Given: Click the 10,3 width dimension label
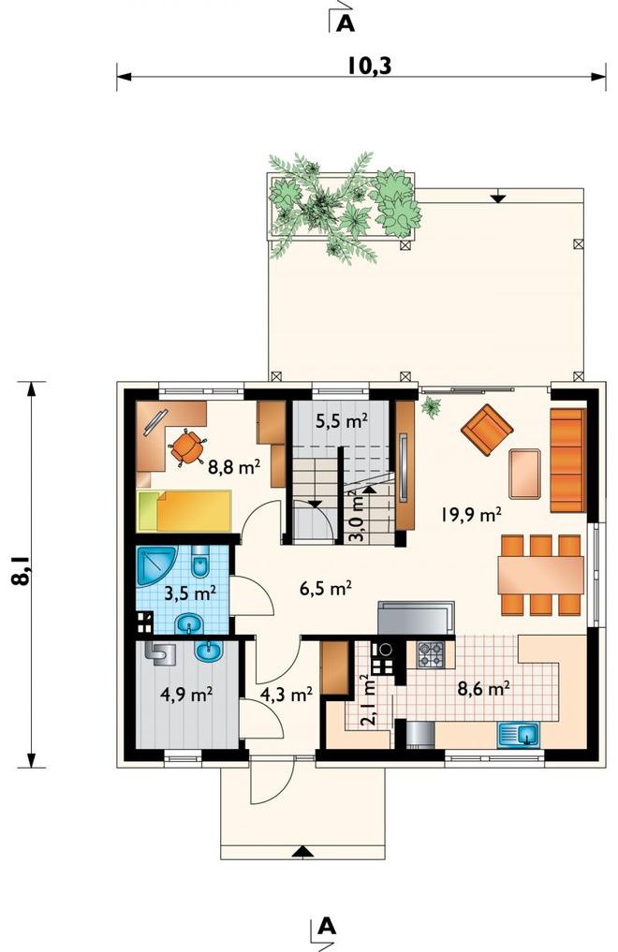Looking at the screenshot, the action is [370, 65].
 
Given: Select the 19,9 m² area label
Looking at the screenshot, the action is [471, 516].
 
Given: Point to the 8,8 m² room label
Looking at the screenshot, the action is [234, 467].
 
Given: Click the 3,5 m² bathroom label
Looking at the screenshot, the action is [191, 592].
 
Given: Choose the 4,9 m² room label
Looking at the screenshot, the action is [185, 694].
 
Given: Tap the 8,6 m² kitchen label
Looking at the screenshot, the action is [482, 689].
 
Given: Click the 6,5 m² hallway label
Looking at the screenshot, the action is [327, 588].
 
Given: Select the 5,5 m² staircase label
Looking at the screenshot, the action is [342, 420].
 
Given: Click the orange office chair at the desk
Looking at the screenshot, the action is [187, 447].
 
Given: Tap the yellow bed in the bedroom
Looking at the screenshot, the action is [185, 511].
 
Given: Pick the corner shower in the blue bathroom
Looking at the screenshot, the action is [155, 565].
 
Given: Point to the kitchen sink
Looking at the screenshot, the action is [520, 735].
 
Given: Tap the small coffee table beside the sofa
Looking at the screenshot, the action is [525, 474].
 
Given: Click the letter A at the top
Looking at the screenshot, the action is [346, 23].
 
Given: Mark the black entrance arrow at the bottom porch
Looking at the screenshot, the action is [299, 853].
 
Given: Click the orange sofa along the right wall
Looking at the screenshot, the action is [567, 461].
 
